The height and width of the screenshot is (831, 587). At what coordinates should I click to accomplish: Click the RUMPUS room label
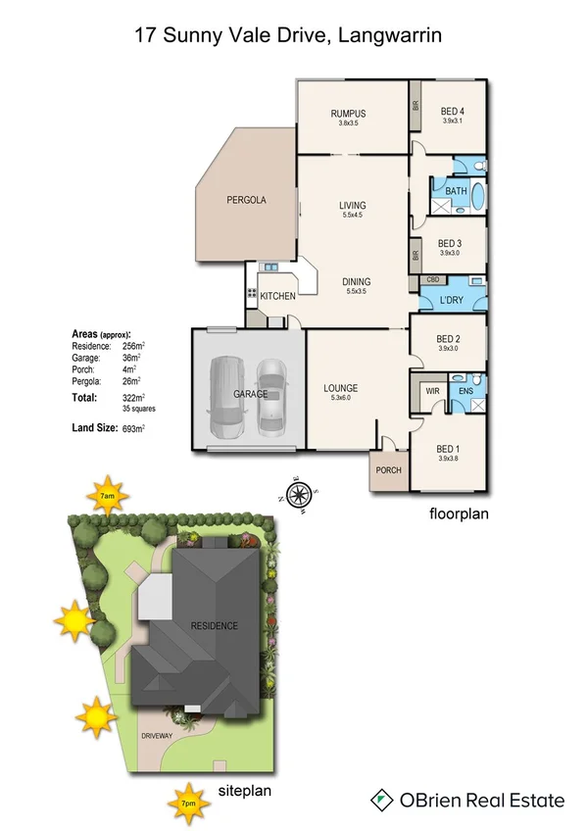[x=350, y=113]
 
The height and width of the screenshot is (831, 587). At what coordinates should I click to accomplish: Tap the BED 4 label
[x=451, y=110]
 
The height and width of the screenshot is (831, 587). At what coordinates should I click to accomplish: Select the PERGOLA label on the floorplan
[x=246, y=199]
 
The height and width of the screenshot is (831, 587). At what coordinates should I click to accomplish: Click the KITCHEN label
[x=277, y=295]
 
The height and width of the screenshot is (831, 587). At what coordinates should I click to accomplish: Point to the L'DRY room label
[x=451, y=298]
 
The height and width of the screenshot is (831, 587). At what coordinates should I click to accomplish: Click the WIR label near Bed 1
[x=431, y=390]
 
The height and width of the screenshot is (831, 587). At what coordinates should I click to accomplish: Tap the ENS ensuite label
[x=466, y=390]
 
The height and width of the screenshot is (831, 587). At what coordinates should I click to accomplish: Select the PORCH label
[x=389, y=469]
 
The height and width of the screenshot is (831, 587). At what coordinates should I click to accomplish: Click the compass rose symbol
[x=300, y=495]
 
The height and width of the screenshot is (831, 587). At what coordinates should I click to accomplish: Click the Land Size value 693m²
[x=133, y=428]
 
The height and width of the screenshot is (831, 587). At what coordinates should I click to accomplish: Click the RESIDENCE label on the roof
[x=214, y=625]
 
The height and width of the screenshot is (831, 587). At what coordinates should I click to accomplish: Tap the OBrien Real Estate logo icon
[x=382, y=801]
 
